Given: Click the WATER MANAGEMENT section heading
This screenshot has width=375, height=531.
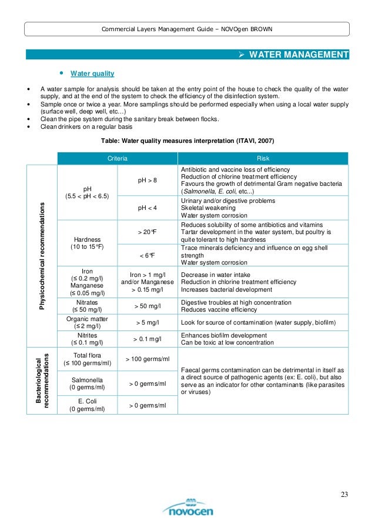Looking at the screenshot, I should click(x=299, y=55).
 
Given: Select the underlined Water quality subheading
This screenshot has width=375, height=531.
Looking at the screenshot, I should click(x=92, y=74).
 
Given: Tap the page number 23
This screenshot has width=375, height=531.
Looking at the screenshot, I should click(x=344, y=493).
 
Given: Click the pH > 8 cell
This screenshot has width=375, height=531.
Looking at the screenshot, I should click(x=147, y=180).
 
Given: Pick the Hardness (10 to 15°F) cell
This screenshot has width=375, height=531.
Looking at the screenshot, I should click(x=86, y=243).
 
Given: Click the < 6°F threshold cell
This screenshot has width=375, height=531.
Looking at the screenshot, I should click(x=147, y=255).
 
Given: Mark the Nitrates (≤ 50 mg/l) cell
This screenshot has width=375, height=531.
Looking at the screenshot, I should click(x=86, y=306).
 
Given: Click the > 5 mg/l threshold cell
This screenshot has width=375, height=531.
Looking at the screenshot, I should click(x=147, y=323).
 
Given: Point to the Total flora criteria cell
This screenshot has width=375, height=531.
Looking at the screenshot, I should click(x=86, y=359).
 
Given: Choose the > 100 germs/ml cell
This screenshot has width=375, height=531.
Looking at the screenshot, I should click(x=147, y=359).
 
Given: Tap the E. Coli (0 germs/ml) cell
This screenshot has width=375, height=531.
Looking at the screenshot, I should click(x=86, y=405).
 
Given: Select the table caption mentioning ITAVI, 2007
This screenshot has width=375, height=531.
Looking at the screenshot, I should click(x=187, y=141).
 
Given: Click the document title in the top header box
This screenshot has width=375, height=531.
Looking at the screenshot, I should click(x=187, y=29).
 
